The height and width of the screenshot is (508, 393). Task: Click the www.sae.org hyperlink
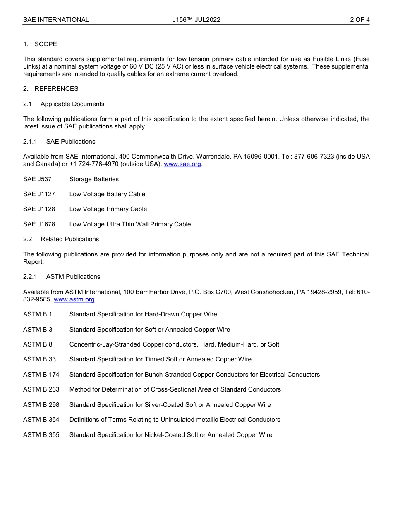point(182,164)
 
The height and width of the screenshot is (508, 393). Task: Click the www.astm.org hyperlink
point(74,299)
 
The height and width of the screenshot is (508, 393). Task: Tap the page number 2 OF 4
point(359,20)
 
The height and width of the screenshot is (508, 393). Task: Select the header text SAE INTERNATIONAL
point(56,20)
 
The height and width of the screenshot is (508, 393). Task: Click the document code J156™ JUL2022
point(196,20)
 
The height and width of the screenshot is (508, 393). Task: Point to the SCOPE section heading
point(46,44)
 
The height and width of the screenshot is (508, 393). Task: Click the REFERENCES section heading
point(56,89)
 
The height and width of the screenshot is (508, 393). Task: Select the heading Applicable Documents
point(72,104)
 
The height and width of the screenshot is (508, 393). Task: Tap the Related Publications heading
point(69,239)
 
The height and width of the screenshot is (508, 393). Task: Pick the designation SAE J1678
point(39,224)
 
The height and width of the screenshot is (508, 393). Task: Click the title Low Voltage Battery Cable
point(107,194)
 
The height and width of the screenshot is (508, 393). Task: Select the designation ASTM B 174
point(41,375)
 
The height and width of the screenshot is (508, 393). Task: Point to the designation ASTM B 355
point(41,435)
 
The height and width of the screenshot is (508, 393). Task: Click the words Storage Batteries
point(94,179)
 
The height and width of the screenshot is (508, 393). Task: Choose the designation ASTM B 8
point(38,344)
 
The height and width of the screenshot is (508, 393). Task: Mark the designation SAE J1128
point(39,209)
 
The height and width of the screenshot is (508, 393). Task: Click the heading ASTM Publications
point(73,277)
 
